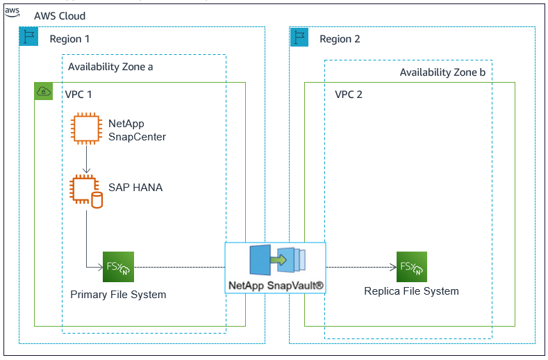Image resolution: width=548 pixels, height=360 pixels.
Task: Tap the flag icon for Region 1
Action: [x=28, y=37]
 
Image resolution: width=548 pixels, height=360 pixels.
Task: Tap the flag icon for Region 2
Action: [x=299, y=37]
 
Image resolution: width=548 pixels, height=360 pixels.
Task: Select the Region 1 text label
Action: [x=69, y=39]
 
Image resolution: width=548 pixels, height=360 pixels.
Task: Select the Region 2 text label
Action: [x=340, y=39]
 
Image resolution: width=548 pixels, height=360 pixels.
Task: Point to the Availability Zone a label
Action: [x=110, y=67]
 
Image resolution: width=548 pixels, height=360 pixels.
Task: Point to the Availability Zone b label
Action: [x=442, y=72]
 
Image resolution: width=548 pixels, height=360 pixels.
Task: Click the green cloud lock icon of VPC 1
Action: [x=44, y=91]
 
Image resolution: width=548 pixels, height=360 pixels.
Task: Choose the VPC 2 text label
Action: [x=349, y=94]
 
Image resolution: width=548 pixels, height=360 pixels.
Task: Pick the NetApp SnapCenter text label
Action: [x=137, y=130]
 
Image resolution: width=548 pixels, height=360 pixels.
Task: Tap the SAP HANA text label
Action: [x=135, y=187]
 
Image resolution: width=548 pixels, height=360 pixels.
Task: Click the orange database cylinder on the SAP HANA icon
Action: [x=97, y=200]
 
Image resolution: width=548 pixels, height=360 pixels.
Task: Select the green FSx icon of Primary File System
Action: [x=117, y=267]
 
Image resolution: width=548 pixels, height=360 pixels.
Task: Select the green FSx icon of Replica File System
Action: [x=411, y=267]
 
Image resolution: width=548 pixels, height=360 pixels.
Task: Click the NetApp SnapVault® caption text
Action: [x=276, y=285]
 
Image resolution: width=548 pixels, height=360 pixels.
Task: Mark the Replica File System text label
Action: [x=411, y=291]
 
